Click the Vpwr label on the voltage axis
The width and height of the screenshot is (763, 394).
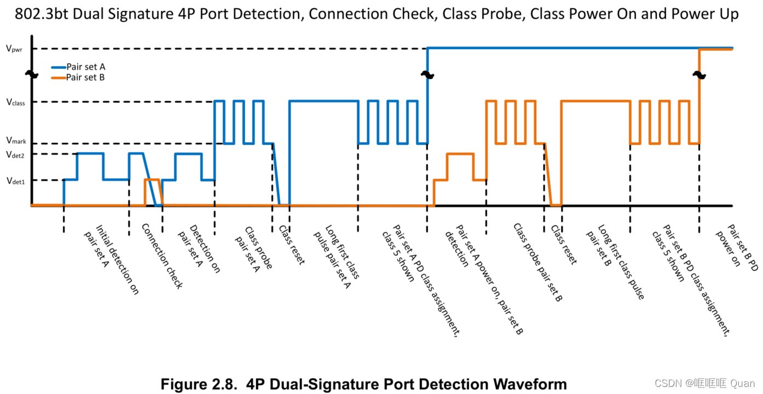pos(15,49)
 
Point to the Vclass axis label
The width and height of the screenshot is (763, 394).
pos(15,102)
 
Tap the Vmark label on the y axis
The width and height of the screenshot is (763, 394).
pos(16,141)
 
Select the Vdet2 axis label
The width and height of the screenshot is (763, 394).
pos(15,154)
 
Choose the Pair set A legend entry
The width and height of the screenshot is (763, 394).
pos(85,67)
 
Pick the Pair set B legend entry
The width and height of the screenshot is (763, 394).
pos(85,77)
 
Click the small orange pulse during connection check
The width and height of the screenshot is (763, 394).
pos(152,179)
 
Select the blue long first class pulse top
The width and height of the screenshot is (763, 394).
pos(323,101)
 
